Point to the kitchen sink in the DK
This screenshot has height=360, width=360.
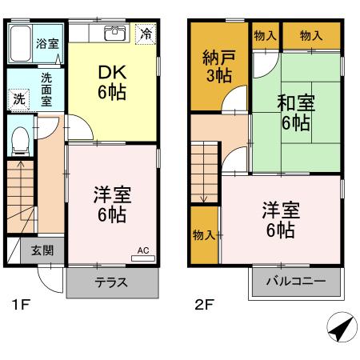point(114,34)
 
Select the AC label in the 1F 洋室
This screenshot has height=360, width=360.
point(143,250)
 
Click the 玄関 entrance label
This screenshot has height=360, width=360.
point(43,250)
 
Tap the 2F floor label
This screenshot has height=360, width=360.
point(205,304)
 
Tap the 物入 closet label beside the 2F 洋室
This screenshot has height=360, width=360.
point(203,234)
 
